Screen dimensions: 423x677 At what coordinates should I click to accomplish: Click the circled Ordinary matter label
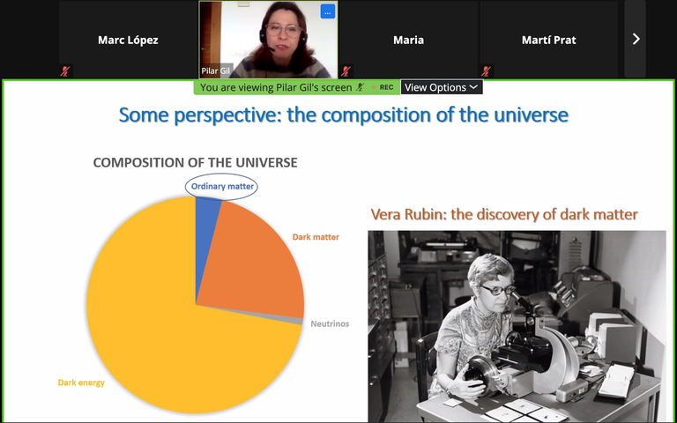pyautogui.click(x=222, y=187)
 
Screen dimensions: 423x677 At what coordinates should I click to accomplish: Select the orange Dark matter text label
pyautogui.click(x=315, y=237)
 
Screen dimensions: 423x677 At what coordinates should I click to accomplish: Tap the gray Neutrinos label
pyautogui.click(x=330, y=323)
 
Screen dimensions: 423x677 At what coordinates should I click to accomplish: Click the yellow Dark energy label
pyautogui.click(x=81, y=382)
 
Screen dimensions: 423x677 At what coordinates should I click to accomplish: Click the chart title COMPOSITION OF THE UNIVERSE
pyautogui.click(x=195, y=162)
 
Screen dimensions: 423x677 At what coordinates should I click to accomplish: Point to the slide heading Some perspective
pyautogui.click(x=343, y=115)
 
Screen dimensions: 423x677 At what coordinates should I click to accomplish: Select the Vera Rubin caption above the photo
pyautogui.click(x=503, y=214)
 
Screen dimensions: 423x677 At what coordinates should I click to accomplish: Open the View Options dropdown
pyautogui.click(x=442, y=87)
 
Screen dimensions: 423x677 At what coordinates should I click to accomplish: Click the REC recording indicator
pyautogui.click(x=386, y=87)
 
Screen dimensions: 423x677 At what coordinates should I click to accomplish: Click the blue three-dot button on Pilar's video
pyautogui.click(x=327, y=11)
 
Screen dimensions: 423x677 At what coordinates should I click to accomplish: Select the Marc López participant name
pyautogui.click(x=127, y=40)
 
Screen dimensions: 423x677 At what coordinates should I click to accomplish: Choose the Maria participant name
pyautogui.click(x=408, y=40)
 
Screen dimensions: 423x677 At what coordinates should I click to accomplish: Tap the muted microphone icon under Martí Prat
pyautogui.click(x=485, y=71)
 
